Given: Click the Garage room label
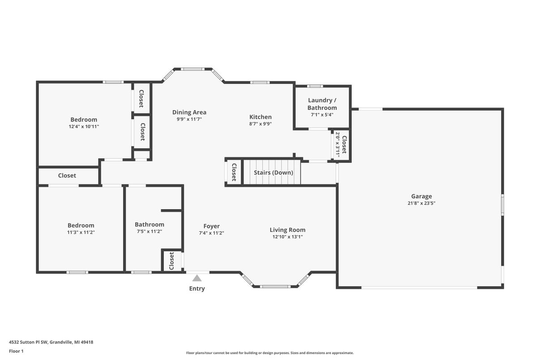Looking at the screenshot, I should pyautogui.click(x=421, y=196).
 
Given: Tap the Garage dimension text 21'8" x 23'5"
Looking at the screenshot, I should pyautogui.click(x=421, y=203).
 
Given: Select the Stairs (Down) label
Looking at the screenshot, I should pyautogui.click(x=273, y=172).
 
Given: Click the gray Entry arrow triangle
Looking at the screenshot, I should pyautogui.click(x=197, y=278).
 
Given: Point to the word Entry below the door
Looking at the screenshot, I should pyautogui.click(x=197, y=289).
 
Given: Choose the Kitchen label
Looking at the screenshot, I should pyautogui.click(x=260, y=117).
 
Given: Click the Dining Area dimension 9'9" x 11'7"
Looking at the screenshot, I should pyautogui.click(x=189, y=120).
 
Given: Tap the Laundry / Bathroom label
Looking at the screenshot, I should pyautogui.click(x=322, y=104).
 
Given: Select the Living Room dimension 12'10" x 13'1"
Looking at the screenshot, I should pyautogui.click(x=287, y=237).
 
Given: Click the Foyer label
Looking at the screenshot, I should pyautogui.click(x=211, y=226).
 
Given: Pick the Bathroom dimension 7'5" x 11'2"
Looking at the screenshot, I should pyautogui.click(x=149, y=231).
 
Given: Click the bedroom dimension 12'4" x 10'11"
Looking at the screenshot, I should pyautogui.click(x=84, y=127).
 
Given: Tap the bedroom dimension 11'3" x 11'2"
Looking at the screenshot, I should pyautogui.click(x=81, y=232).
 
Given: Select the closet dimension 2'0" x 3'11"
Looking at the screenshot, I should pyautogui.click(x=338, y=144).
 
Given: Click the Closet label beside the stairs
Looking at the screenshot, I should pyautogui.click(x=234, y=172).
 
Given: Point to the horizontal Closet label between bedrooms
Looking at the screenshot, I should pyautogui.click(x=67, y=176).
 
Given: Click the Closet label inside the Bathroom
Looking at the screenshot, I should pyautogui.click(x=171, y=261).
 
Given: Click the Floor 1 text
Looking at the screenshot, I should pyautogui.click(x=16, y=351).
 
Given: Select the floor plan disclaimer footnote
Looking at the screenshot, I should pyautogui.click(x=270, y=353).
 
